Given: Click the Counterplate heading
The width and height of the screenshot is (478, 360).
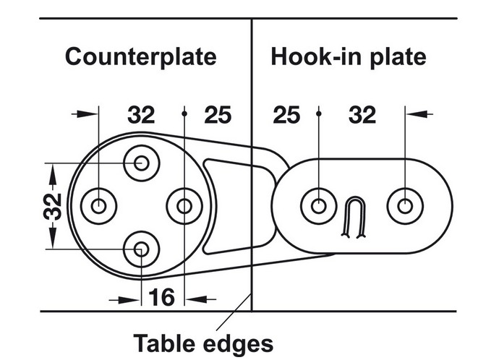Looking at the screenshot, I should (140, 57).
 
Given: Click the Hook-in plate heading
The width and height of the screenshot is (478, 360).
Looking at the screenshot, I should (349, 57).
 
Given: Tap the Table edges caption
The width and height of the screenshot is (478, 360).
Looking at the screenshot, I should (203, 342).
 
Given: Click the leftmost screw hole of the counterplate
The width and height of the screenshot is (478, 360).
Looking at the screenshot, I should (98, 207).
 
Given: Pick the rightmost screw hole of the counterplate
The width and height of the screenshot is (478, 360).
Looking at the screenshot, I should (184, 207).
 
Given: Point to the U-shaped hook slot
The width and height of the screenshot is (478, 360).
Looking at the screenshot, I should (353, 217).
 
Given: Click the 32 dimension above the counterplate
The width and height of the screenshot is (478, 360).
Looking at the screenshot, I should (141, 114).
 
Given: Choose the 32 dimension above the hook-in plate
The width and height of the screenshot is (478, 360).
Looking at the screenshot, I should (362, 114).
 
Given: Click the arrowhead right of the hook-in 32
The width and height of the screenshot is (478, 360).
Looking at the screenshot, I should (424, 113).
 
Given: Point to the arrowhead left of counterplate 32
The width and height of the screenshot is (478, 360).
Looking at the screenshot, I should (87, 113).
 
